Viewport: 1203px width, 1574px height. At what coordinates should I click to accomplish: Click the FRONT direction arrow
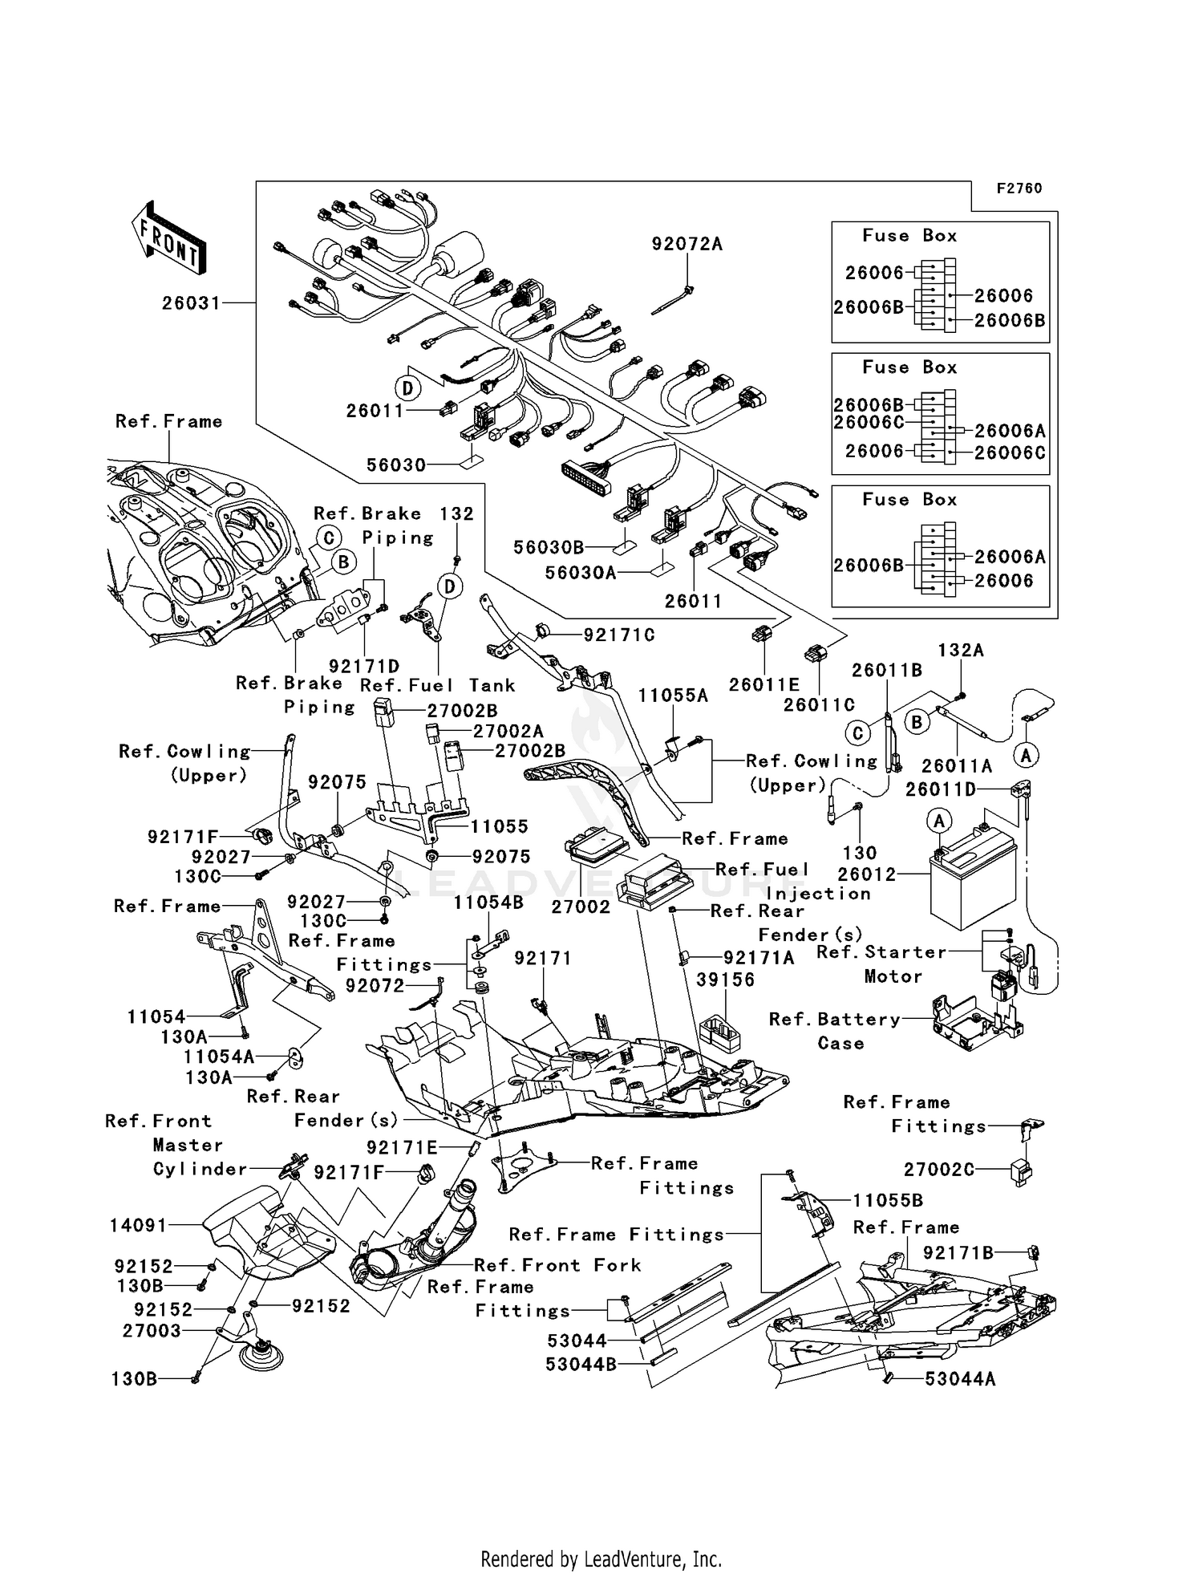168,240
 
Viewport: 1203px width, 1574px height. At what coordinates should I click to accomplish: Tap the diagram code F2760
1019,189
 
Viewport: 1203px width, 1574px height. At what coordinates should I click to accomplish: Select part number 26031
190,303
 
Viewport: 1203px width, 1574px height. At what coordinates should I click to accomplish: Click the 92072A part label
687,244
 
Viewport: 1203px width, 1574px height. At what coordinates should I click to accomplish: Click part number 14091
138,1226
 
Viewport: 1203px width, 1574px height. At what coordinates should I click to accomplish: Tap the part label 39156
725,980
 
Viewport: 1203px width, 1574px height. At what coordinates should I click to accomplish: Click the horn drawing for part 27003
262,1354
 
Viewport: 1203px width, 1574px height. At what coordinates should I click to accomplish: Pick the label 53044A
960,1379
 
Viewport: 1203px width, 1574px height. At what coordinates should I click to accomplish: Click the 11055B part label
887,1201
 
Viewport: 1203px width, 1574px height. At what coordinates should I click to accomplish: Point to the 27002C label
939,1170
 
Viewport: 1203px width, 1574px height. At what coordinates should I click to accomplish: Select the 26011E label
764,684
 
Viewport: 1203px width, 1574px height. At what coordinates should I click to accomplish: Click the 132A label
961,651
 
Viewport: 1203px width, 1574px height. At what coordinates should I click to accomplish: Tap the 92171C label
618,635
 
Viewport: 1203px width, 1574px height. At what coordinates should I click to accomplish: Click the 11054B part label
488,903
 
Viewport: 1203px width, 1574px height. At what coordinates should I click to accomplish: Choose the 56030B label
549,547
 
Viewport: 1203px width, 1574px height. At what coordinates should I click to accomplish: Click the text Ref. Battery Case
834,1031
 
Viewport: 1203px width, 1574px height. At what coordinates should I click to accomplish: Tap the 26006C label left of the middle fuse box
869,423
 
